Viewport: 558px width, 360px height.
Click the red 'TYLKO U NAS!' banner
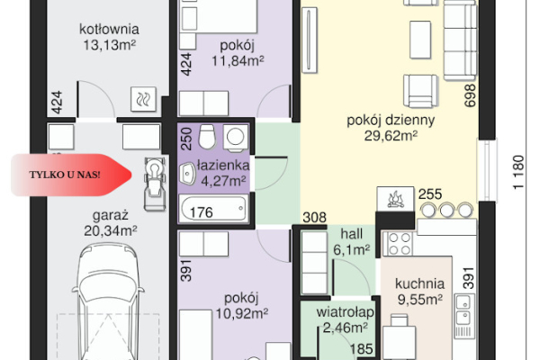tap(71, 175)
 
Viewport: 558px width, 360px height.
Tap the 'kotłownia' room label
tap(109, 29)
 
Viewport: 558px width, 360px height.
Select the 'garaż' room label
tap(111, 216)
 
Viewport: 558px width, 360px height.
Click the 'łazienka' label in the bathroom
tap(223, 166)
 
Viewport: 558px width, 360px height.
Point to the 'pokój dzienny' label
tap(391, 121)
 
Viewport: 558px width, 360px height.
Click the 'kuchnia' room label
tap(420, 283)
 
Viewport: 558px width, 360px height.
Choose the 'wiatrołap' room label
tap(345, 312)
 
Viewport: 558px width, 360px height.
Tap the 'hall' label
tap(352, 234)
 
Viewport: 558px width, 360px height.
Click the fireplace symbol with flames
tap(395, 199)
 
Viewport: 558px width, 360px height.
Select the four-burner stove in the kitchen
tap(400, 244)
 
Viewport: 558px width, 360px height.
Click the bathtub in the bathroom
tap(213, 209)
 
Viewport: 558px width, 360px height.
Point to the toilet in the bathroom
tap(207, 136)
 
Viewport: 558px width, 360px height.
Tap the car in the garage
tap(108, 301)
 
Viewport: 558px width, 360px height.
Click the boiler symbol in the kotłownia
tap(143, 99)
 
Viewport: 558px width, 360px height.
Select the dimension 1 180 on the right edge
tap(518, 172)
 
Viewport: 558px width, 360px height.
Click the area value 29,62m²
tap(391, 136)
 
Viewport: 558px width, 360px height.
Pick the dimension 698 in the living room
tap(470, 95)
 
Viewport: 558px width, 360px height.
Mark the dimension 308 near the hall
tap(315, 218)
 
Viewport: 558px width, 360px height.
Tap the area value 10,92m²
tap(242, 314)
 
